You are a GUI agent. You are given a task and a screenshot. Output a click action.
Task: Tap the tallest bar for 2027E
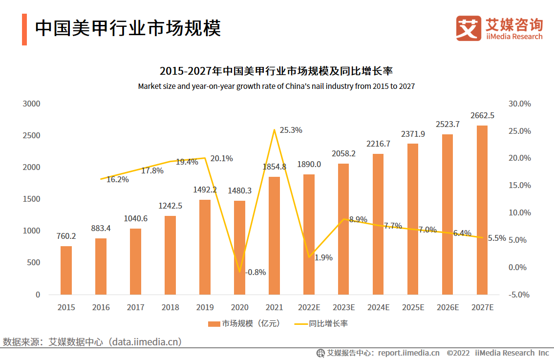[x=482, y=210]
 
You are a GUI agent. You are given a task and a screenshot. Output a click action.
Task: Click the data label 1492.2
[x=205, y=190]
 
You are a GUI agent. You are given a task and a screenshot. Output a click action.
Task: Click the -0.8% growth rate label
[x=255, y=273]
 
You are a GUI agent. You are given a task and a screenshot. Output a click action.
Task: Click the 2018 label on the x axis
[x=170, y=307]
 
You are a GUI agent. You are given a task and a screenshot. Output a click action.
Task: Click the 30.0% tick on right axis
[x=519, y=104]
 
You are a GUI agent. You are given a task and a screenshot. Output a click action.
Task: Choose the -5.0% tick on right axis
[x=519, y=295]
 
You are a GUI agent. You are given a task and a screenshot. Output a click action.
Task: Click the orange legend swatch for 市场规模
[x=214, y=323]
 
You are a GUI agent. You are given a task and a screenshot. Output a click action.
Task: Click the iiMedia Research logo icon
[x=469, y=28]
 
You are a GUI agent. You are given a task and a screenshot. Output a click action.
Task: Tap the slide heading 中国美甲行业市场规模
[x=128, y=28]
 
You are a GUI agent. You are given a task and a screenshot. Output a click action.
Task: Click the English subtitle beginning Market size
[x=276, y=86]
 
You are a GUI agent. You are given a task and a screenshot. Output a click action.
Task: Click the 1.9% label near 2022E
[x=323, y=257]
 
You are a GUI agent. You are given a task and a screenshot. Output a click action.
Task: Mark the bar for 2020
[x=239, y=248]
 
